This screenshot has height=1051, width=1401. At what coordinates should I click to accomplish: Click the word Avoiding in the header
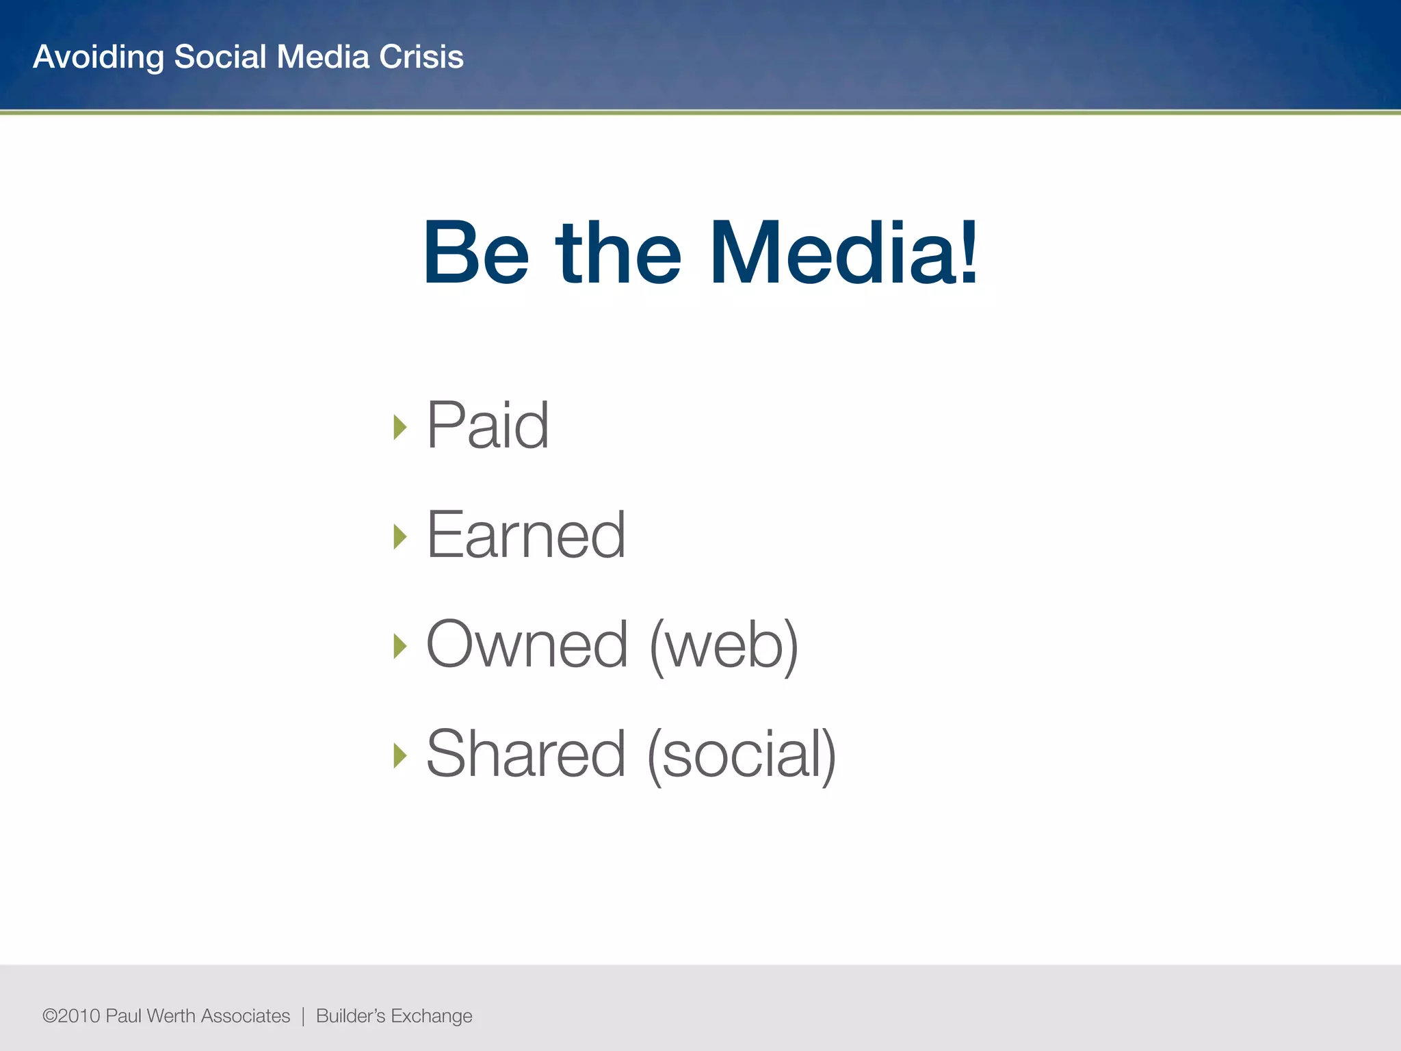pyautogui.click(x=99, y=57)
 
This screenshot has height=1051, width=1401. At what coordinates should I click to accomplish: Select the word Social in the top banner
pyautogui.click(x=220, y=57)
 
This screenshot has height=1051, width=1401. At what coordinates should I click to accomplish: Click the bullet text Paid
pyautogui.click(x=487, y=426)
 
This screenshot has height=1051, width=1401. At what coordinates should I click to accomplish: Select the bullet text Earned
pyautogui.click(x=525, y=535)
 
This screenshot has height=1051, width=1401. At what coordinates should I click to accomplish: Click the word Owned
pyautogui.click(x=527, y=645)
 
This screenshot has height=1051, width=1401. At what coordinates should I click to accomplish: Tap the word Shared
pyautogui.click(x=525, y=754)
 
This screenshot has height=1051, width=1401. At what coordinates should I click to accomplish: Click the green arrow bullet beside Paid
pyautogui.click(x=400, y=427)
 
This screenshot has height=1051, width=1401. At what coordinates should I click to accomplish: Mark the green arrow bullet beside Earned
pyautogui.click(x=400, y=536)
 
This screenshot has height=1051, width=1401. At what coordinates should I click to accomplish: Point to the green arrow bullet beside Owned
pyautogui.click(x=400, y=646)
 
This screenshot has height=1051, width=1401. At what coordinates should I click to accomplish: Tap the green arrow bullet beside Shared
pyautogui.click(x=400, y=755)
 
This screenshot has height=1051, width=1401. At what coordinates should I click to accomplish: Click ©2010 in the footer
pyautogui.click(x=71, y=1016)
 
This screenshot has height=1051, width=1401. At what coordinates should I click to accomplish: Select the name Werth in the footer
pyautogui.click(x=171, y=1016)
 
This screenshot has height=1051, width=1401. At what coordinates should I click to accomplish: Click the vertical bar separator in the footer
pyautogui.click(x=303, y=1016)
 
